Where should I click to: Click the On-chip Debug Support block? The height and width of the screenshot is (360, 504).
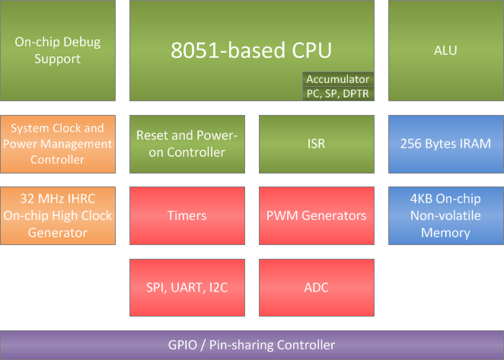click(x=58, y=50)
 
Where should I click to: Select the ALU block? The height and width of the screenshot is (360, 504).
click(x=445, y=50)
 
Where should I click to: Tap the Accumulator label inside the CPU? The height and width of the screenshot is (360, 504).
click(x=337, y=79)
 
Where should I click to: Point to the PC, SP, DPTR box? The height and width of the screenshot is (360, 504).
click(x=337, y=93)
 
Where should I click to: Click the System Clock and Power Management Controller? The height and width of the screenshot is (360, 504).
click(x=58, y=144)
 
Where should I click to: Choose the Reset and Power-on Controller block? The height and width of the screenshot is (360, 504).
click(x=187, y=144)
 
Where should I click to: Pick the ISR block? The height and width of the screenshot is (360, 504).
click(x=316, y=144)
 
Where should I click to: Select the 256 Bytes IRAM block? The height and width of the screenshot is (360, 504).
click(x=445, y=144)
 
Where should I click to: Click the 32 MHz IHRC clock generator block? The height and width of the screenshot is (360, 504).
click(x=58, y=215)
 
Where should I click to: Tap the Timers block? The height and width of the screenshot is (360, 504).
click(x=187, y=215)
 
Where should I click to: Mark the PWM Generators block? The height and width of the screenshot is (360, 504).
click(x=316, y=215)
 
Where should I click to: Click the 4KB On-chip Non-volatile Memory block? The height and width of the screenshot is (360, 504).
click(x=445, y=215)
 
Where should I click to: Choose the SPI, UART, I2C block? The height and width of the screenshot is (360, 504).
click(x=187, y=288)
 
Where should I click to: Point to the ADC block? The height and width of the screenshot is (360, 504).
click(x=316, y=288)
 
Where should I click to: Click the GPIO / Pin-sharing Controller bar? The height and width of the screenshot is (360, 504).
click(x=251, y=345)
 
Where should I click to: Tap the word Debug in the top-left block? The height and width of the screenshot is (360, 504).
click(x=83, y=43)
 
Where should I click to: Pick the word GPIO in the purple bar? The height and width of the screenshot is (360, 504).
click(x=183, y=345)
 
